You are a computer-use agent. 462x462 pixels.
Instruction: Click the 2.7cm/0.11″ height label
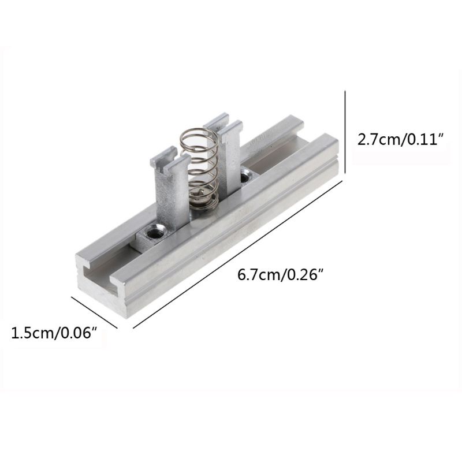400,139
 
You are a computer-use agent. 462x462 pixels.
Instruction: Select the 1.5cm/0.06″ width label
54,333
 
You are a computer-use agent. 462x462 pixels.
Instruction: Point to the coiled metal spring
199,168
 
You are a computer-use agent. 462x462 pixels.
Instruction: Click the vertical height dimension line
345,133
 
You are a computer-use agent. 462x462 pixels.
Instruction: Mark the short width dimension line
94,312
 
